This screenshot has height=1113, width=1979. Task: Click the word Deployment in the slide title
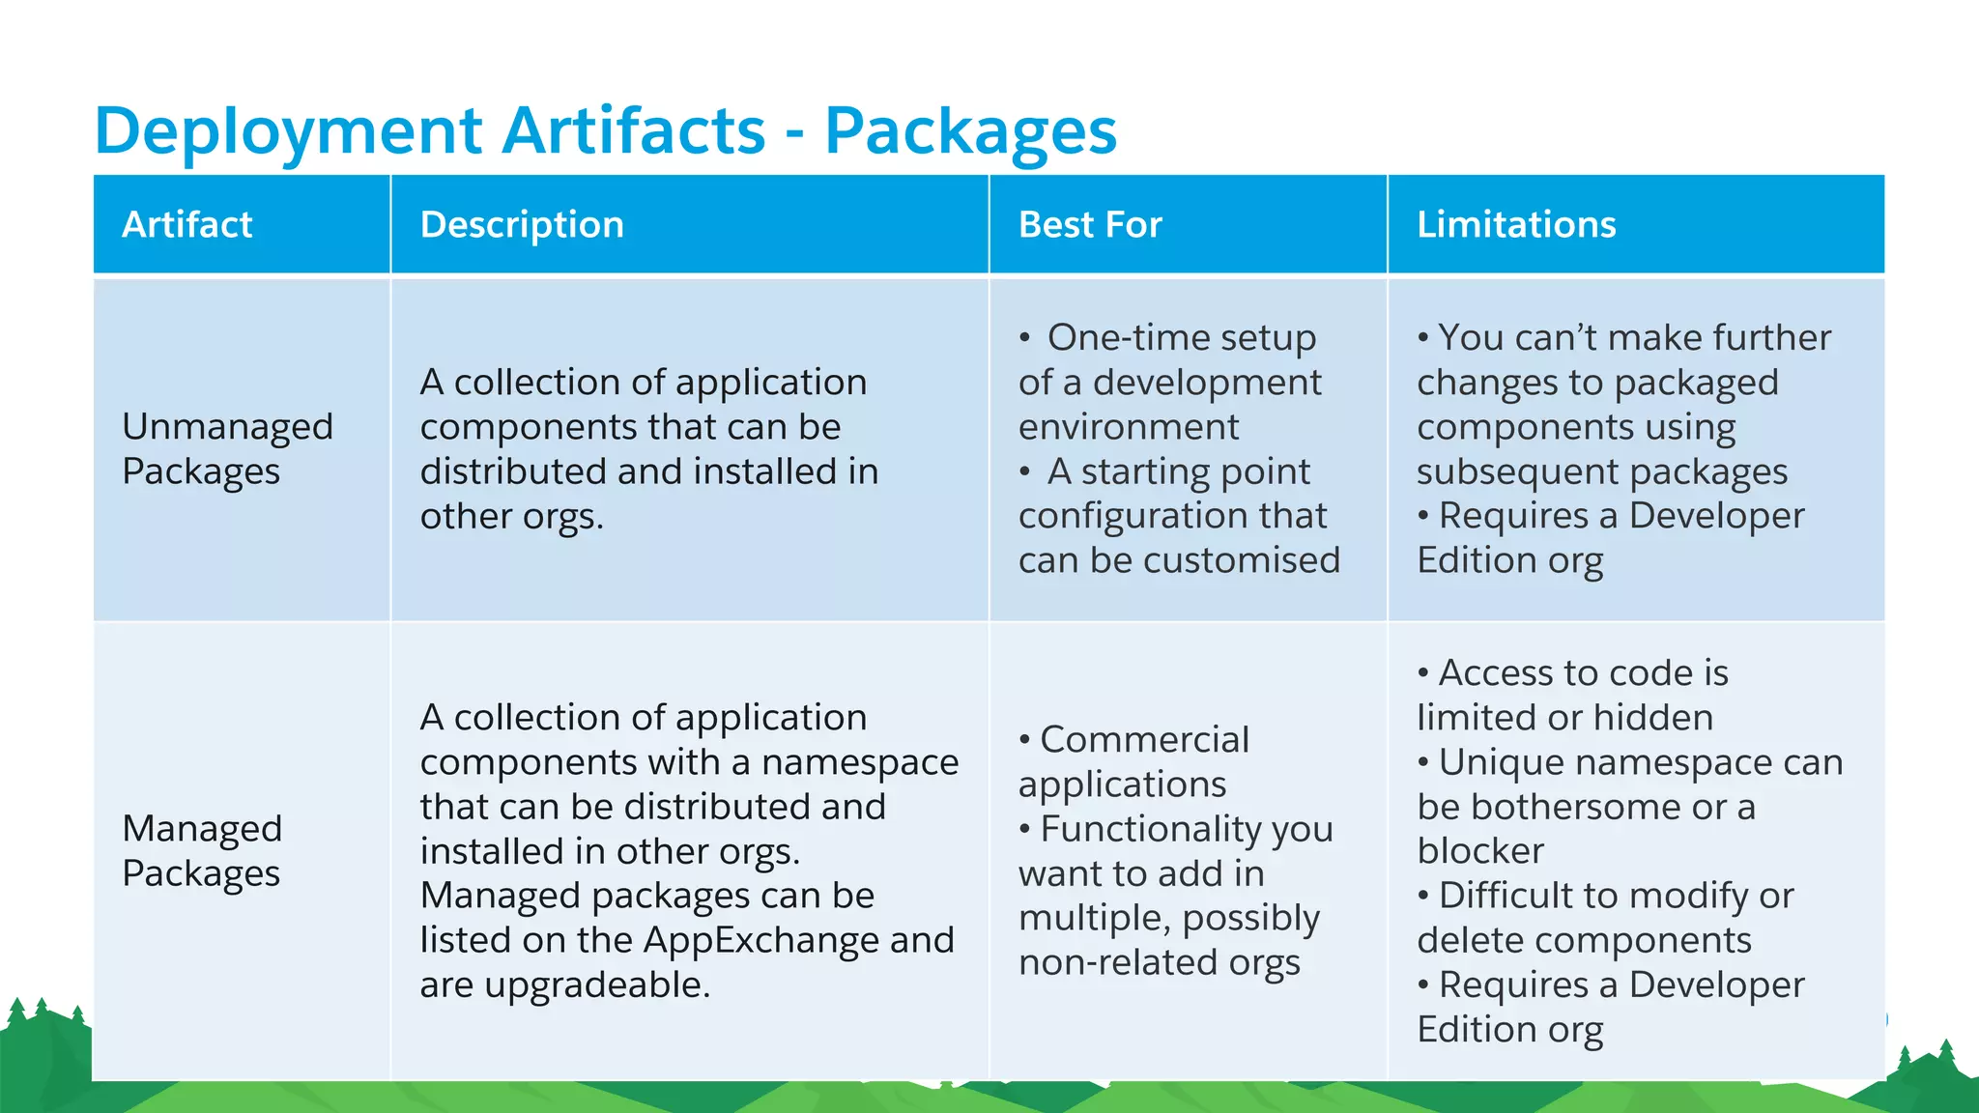[288, 131]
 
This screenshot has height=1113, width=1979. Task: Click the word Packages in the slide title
[970, 131]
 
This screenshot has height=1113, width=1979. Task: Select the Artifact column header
[186, 224]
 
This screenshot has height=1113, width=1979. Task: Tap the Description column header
[522, 224]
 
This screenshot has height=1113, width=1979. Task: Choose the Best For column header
[1089, 224]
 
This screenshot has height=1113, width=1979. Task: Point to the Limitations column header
[1515, 224]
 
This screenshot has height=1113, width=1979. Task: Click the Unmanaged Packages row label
[227, 448]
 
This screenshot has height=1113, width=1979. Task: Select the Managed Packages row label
[202, 850]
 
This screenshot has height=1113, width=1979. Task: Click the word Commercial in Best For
[1144, 740]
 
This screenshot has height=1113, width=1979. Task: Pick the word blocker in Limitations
[1479, 851]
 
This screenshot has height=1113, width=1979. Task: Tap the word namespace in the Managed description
[859, 762]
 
